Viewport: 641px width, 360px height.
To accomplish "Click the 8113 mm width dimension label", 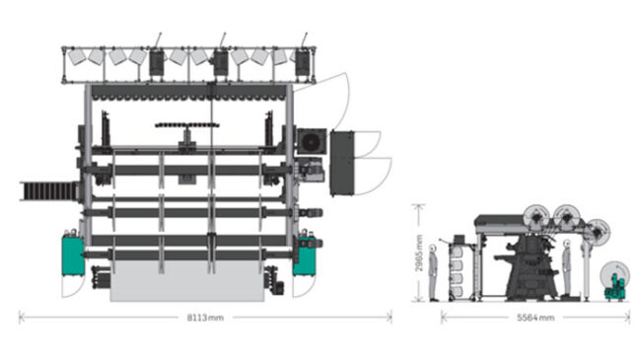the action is pyautogui.click(x=205, y=318).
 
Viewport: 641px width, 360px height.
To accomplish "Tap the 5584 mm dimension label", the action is pyautogui.click(x=535, y=318).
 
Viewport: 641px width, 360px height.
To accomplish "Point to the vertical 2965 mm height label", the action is pyautogui.click(x=418, y=252).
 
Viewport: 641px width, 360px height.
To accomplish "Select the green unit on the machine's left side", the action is pyautogui.click(x=73, y=254).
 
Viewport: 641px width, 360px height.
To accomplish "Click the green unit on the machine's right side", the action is pyautogui.click(x=304, y=256).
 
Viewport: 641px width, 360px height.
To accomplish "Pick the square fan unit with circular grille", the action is pyautogui.click(x=312, y=142).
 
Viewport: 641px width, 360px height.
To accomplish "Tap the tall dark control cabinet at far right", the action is pyautogui.click(x=342, y=163).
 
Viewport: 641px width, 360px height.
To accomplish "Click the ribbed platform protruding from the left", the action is pyautogui.click(x=48, y=191).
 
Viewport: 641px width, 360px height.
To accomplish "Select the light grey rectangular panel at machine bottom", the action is pyautogui.click(x=187, y=281).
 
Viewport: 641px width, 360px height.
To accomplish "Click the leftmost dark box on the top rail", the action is pyautogui.click(x=157, y=62).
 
